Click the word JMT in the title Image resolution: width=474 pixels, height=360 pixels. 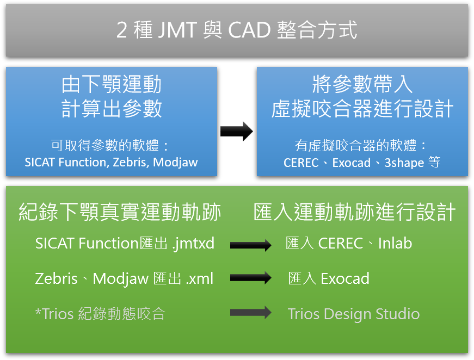(177, 30)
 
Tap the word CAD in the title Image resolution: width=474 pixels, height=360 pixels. (249, 30)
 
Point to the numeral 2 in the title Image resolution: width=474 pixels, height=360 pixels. (121, 30)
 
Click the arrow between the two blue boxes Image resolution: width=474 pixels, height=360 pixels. (236, 132)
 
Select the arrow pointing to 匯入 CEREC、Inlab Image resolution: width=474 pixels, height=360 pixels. (250, 245)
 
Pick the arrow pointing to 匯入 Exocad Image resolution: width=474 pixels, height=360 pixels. (250, 277)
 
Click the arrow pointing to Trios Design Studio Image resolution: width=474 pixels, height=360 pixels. (250, 312)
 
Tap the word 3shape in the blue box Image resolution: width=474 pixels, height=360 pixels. (404, 163)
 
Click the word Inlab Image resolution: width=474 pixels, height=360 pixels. (395, 243)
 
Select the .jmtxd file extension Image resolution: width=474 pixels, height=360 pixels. (193, 244)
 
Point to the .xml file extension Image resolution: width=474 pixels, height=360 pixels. (200, 278)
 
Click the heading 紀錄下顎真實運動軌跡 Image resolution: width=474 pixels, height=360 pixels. (120, 212)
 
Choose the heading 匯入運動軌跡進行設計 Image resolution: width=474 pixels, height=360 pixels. (354, 212)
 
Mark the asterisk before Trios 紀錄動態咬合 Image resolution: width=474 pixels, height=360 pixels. (38, 311)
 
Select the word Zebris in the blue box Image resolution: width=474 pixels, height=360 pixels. (130, 162)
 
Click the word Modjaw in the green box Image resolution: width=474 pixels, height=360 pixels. (121, 279)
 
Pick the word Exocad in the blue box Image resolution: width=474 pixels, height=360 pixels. (351, 163)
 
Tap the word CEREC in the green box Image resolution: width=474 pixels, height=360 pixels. (340, 243)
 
